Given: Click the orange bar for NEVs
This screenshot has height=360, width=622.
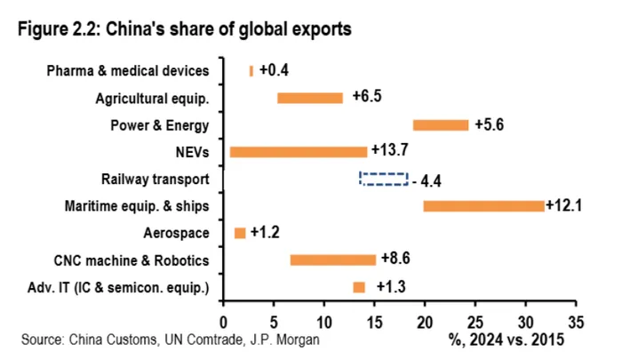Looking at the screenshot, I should point(299,152).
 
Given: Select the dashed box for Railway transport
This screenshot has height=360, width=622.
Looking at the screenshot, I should point(383,179).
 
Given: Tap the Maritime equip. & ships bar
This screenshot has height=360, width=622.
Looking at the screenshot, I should point(483,206).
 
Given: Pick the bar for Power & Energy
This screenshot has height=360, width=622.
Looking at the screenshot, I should point(440,125).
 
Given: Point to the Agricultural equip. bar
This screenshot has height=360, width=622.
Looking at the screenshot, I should point(309,98).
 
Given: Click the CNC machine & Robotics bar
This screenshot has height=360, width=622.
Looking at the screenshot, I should point(332,260).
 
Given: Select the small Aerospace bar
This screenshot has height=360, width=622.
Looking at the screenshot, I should point(240,233).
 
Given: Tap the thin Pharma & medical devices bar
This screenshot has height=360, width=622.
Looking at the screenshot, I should point(251,71).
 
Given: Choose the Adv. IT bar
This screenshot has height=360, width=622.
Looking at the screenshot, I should point(359,287).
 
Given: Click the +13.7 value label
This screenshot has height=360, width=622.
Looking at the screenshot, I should point(391,152).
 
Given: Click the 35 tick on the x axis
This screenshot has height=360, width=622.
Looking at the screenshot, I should point(577,319).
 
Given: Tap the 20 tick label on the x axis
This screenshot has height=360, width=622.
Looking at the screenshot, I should point(425,319).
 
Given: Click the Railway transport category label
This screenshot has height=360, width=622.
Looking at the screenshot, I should point(155,180).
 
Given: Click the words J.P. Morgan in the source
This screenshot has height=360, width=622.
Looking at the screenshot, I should point(286,339).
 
